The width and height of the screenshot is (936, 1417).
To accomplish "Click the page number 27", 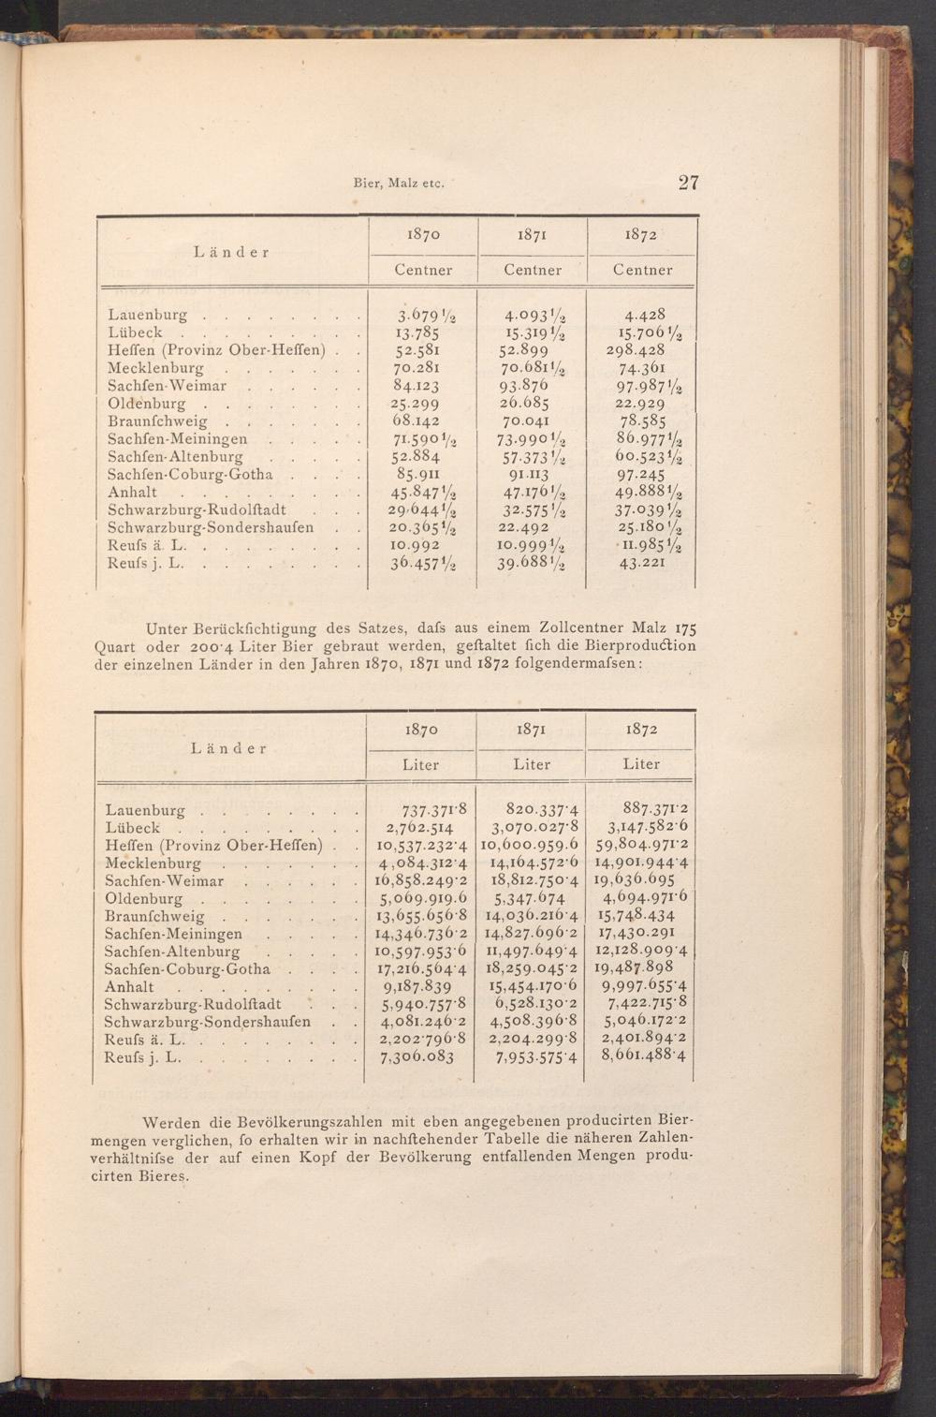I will [x=688, y=183].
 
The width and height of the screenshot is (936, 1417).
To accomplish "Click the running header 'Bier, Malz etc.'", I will [x=398, y=184].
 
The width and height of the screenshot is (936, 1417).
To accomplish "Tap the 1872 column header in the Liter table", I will [x=641, y=730].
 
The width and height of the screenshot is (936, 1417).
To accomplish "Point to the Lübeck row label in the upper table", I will [x=136, y=332].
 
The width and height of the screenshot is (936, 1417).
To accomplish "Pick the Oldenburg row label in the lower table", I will [x=144, y=899].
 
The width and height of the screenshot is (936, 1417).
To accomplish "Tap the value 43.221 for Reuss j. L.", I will [x=642, y=563].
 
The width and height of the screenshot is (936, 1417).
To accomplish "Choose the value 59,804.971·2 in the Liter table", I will [x=642, y=846].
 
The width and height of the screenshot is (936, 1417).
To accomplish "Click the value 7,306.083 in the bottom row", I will [x=417, y=1057].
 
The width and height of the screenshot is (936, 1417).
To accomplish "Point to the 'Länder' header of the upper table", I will [x=232, y=252].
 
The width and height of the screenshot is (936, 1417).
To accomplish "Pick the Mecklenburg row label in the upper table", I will [x=155, y=368].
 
